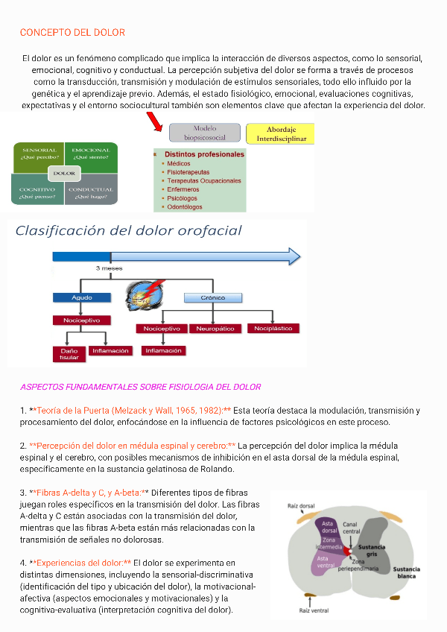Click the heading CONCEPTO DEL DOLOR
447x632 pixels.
coord(72,33)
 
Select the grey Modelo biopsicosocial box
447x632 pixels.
coord(205,133)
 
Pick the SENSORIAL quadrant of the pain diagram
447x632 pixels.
coord(39,155)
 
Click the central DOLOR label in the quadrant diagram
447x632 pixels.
coord(65,174)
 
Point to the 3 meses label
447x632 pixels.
coord(110,268)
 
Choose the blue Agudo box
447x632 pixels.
coord(82,297)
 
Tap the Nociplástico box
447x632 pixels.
coord(273,328)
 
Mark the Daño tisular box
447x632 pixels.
coord(69,353)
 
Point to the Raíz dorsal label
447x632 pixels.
coord(301,506)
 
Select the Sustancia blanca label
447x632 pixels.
coord(407,572)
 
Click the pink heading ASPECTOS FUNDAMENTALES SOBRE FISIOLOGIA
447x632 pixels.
coord(140,387)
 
